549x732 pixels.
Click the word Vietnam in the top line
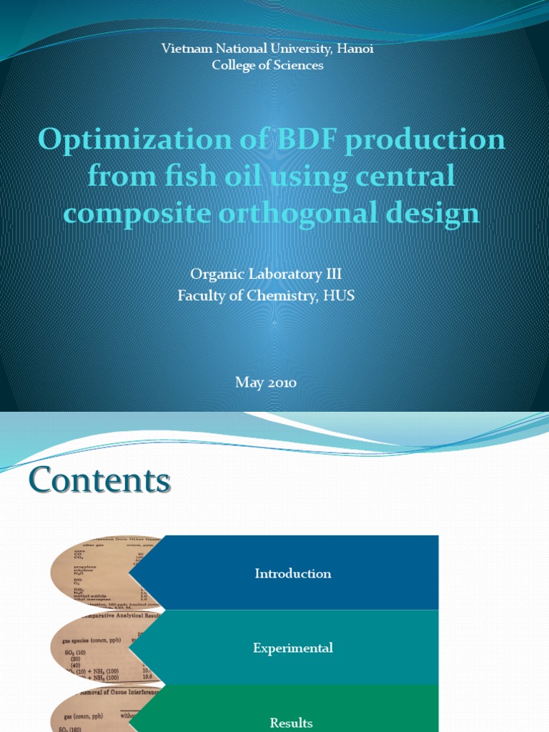pos(183,49)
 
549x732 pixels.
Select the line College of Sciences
pos(267,65)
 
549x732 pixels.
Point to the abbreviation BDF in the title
pos(305,139)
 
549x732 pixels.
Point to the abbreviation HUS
pos(339,295)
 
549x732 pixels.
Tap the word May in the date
pos(246,382)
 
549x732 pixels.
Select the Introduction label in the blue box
pos(293,573)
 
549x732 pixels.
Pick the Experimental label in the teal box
pos(293,648)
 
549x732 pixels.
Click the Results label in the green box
pos(292,723)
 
